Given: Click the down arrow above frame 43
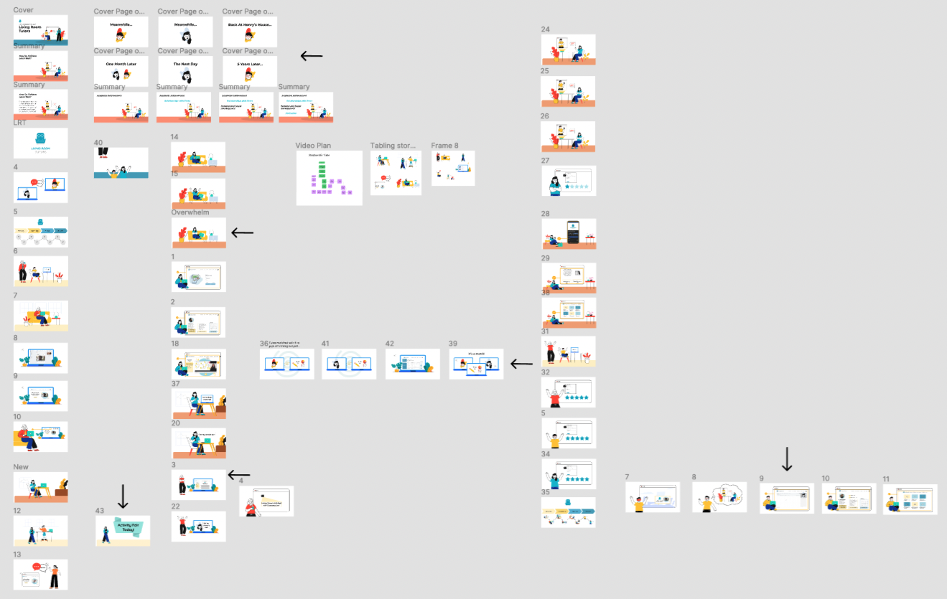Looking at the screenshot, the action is pyautogui.click(x=123, y=496).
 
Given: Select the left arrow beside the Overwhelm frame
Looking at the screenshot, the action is pyautogui.click(x=243, y=232).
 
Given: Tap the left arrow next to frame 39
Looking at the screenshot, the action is pyautogui.click(x=521, y=364).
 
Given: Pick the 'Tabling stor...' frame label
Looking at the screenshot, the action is pyautogui.click(x=393, y=146).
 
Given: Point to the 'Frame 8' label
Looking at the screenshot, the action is pyautogui.click(x=444, y=146).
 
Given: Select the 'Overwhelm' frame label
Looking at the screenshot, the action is pyautogui.click(x=188, y=212).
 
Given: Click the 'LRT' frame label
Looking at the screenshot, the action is pyautogui.click(x=19, y=123).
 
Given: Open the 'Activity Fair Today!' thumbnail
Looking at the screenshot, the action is pyautogui.click(x=123, y=531).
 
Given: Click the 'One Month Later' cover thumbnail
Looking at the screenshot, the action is pyautogui.click(x=121, y=71).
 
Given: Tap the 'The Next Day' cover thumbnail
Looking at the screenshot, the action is pyautogui.click(x=185, y=71).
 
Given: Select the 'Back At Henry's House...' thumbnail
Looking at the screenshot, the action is pyautogui.click(x=249, y=32).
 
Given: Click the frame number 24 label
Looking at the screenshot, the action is pyautogui.click(x=545, y=29).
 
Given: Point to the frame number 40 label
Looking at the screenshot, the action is pyautogui.click(x=99, y=143).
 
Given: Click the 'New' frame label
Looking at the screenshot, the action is pyautogui.click(x=21, y=467).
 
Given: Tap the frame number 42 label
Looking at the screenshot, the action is pyautogui.click(x=390, y=344).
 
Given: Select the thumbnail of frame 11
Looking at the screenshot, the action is pyautogui.click(x=910, y=499).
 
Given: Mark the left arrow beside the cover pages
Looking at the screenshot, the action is pyautogui.click(x=311, y=56).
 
